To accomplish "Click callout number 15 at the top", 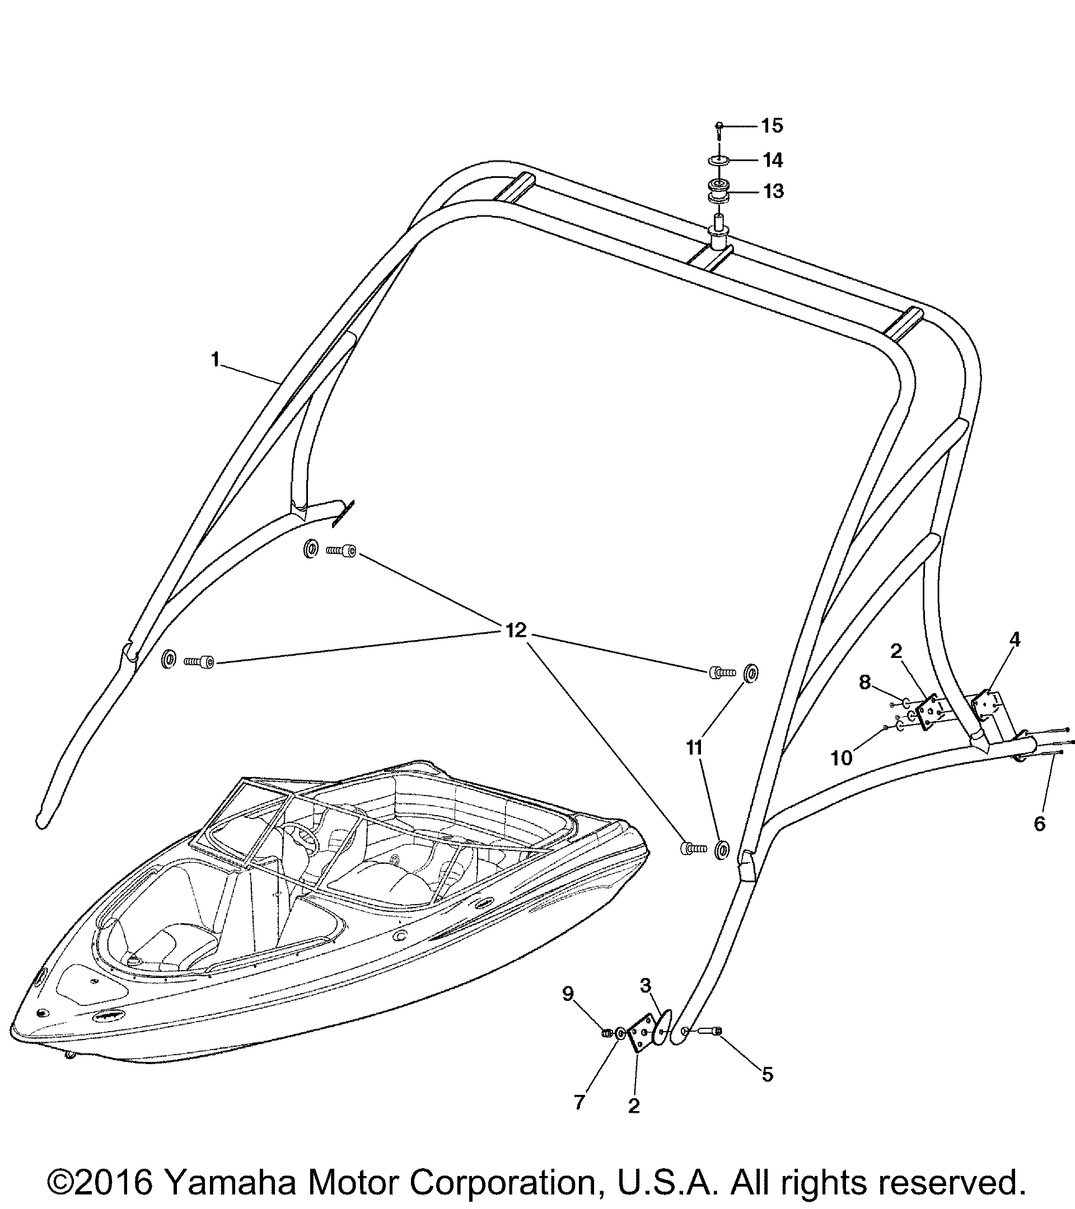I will (x=772, y=125).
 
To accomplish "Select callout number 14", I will (x=773, y=161).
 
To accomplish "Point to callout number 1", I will (x=216, y=359).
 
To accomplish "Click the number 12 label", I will (x=516, y=631).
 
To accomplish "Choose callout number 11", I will (x=694, y=747).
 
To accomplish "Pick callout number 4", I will (x=1015, y=639).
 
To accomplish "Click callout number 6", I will (x=1040, y=824).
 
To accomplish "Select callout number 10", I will (x=842, y=758).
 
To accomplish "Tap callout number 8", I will (x=865, y=683).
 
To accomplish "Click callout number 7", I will (x=579, y=1102).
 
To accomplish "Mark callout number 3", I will (x=645, y=985).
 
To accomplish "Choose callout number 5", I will (x=767, y=1075).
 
